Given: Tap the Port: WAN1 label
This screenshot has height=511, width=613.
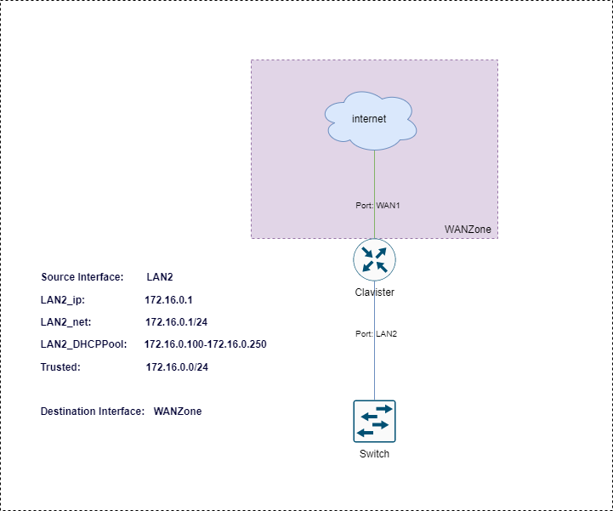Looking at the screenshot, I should (377, 206).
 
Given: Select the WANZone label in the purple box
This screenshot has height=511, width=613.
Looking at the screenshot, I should (468, 230).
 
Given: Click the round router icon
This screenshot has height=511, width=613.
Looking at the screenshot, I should (375, 259).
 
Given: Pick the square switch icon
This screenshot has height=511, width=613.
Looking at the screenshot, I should (375, 421).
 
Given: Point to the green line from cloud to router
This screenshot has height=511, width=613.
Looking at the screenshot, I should (375, 179).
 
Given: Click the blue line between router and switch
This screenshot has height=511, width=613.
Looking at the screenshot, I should (375, 340).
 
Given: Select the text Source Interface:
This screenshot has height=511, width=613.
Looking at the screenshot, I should (83, 278).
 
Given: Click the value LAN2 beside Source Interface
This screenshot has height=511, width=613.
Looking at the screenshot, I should (160, 278).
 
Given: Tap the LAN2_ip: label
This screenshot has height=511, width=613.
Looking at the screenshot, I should (64, 300).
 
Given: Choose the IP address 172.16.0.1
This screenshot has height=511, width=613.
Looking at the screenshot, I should (170, 300).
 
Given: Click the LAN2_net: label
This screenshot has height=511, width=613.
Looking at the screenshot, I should (66, 322).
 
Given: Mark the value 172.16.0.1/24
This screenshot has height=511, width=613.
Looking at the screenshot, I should (177, 322).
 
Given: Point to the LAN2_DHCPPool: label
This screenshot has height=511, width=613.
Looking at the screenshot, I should (84, 344).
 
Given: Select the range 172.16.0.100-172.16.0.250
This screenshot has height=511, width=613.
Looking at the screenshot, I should (207, 344).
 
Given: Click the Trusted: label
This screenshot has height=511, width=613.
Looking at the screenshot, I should (60, 366).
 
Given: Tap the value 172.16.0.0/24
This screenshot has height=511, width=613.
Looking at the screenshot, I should (177, 366).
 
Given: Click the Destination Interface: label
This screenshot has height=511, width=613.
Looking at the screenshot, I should (93, 412).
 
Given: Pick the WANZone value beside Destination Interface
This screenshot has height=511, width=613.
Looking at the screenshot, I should (178, 412).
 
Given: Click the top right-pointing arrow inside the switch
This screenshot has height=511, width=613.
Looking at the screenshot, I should (383, 410).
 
